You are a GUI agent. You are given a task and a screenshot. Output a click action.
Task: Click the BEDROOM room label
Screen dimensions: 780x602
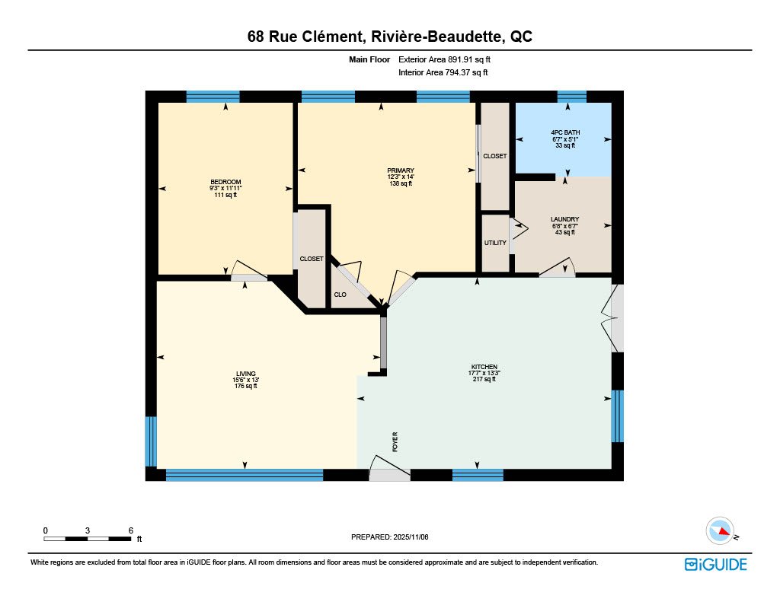click(225, 182)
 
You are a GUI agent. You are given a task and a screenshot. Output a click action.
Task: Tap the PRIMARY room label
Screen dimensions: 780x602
click(401, 170)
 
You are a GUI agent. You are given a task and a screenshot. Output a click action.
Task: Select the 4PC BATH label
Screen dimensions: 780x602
click(565, 132)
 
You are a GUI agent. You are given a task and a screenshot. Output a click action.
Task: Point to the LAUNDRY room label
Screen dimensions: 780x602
click(564, 219)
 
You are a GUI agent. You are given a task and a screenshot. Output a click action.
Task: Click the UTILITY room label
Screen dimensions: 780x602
click(495, 243)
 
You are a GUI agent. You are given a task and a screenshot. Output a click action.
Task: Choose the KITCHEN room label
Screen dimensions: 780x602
click(484, 367)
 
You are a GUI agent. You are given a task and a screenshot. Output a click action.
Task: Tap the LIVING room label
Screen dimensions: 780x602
click(246, 374)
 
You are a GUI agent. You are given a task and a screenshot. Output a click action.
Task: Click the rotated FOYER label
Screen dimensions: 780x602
click(395, 441)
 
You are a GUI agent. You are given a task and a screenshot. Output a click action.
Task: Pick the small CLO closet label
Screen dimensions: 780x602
click(340, 295)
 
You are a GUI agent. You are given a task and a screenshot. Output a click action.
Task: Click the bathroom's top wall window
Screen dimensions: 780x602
click(571, 97)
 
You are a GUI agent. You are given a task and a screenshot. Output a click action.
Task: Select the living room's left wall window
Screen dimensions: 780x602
click(151, 441)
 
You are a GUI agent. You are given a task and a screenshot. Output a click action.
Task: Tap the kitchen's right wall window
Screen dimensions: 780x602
click(617, 416)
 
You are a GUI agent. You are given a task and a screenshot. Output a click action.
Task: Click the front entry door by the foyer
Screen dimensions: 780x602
click(389, 468)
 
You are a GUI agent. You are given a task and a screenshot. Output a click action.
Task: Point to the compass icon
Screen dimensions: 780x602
click(721, 531)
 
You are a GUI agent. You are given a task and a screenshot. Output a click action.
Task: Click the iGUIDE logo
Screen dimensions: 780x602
click(716, 564)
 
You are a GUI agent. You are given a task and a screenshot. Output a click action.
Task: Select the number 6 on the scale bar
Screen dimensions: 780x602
click(131, 530)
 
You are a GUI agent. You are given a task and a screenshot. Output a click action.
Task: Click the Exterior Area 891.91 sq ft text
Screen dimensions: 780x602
click(444, 59)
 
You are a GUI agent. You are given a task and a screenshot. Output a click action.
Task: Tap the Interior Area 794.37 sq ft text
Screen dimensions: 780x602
click(443, 72)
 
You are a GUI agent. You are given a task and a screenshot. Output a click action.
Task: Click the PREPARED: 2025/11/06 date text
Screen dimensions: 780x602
click(389, 537)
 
